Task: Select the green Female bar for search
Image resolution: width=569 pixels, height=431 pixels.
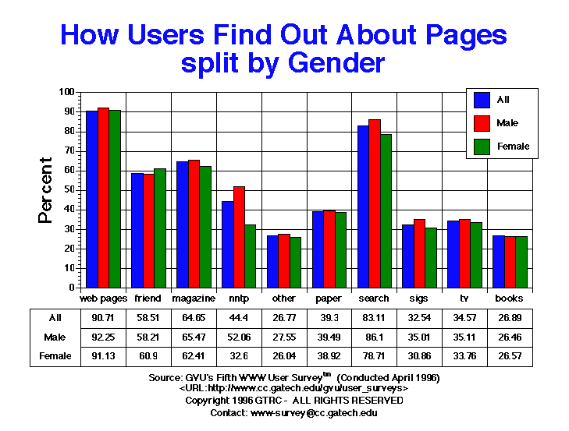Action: (386, 210)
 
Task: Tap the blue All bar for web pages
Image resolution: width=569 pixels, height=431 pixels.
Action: (92, 199)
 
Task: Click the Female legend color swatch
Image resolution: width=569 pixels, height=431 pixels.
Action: (482, 146)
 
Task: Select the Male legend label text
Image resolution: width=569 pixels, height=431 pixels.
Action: (507, 123)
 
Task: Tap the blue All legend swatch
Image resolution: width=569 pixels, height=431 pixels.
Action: (482, 100)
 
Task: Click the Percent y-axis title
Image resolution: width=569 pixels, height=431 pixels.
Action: (46, 190)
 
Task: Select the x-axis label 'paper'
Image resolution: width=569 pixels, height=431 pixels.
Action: (329, 299)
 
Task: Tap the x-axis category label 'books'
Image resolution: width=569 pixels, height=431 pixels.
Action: (509, 299)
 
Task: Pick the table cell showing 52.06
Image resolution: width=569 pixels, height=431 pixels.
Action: (238, 337)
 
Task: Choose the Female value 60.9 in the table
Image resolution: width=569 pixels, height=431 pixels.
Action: (148, 355)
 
